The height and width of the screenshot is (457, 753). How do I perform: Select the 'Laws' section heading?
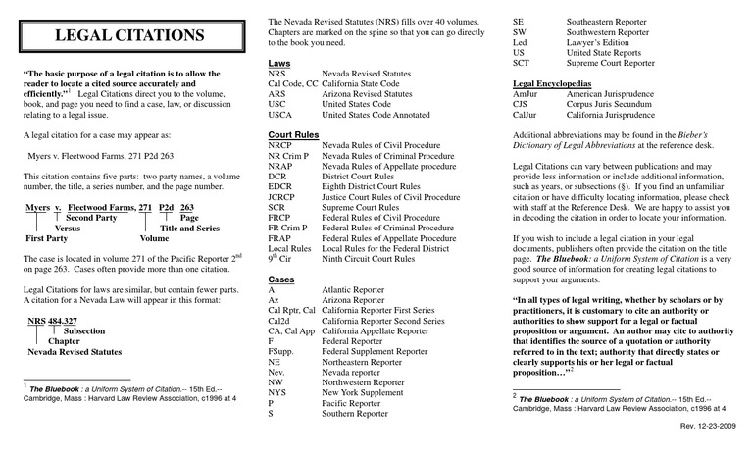click(x=278, y=63)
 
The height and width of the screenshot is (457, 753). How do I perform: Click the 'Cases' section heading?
click(x=281, y=279)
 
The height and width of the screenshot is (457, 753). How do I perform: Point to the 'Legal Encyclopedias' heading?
click(x=556, y=83)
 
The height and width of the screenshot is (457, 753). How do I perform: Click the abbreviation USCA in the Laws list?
click(x=281, y=115)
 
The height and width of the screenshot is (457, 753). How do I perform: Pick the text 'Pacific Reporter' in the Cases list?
click(x=357, y=402)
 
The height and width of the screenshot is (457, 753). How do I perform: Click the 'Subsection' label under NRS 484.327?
click(x=85, y=331)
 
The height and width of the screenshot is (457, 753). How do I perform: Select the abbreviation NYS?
click(x=278, y=391)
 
